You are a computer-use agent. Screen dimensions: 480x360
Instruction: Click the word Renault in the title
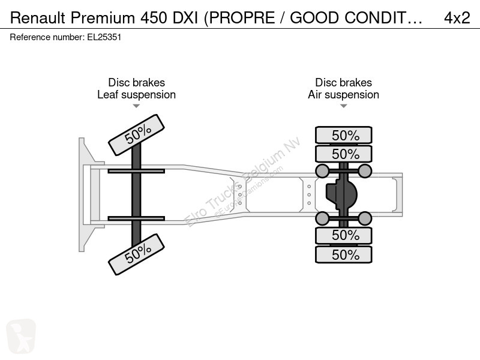(x=37, y=18)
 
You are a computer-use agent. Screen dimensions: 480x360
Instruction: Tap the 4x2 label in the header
(x=457, y=18)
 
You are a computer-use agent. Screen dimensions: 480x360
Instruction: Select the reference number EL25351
(x=104, y=37)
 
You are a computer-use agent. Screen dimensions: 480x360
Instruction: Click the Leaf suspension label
(x=137, y=95)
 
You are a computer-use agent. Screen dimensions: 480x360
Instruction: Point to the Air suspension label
(x=343, y=95)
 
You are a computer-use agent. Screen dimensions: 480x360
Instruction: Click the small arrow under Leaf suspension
(x=136, y=106)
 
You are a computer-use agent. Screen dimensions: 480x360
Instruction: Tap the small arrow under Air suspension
(x=343, y=106)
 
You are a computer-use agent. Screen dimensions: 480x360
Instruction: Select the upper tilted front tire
(x=137, y=135)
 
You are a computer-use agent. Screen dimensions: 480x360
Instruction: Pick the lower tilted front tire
(x=137, y=254)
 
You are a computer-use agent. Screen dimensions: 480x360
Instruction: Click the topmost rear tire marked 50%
(x=344, y=135)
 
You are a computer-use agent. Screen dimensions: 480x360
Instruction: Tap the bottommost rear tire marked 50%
(x=344, y=254)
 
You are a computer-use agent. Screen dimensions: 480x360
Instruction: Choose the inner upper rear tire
(x=344, y=154)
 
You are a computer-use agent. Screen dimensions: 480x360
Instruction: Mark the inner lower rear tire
(x=344, y=235)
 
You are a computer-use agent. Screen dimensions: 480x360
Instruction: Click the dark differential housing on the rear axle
(x=341, y=194)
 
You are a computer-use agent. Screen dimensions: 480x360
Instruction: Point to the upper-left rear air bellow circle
(x=322, y=171)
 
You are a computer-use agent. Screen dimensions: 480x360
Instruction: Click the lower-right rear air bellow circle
(x=365, y=218)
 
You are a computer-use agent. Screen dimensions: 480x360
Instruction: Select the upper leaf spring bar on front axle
(x=136, y=171)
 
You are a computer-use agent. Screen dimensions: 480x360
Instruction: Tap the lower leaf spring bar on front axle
(x=136, y=218)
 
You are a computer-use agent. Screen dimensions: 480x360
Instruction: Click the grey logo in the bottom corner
(x=21, y=336)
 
